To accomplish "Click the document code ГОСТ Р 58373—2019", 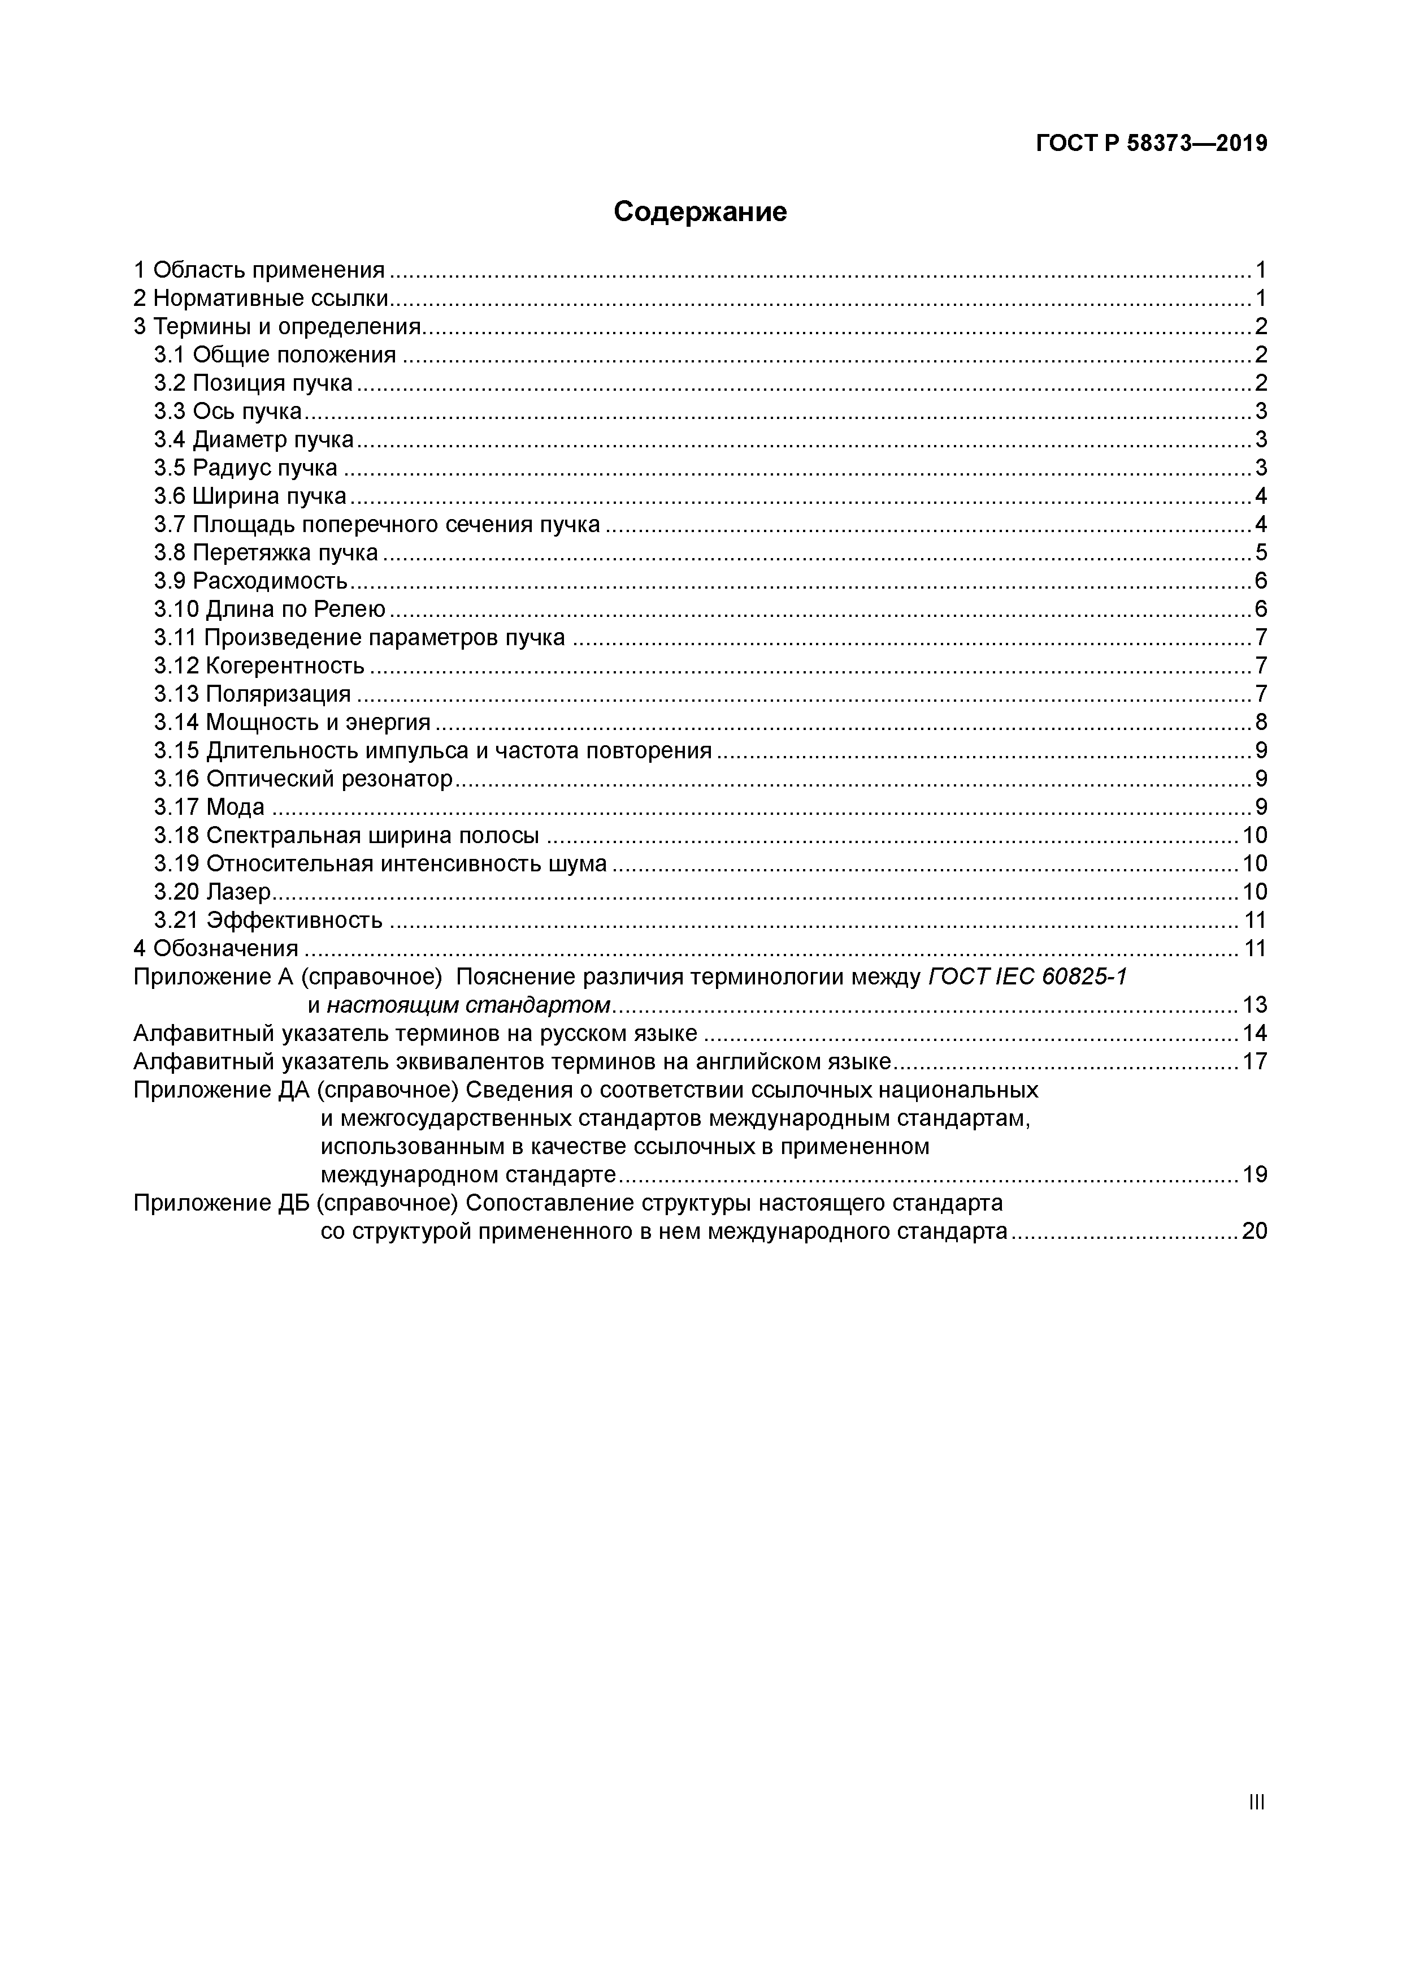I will [x=1151, y=144].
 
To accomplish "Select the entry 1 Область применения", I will [x=259, y=270].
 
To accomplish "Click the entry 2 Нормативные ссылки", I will [x=261, y=299].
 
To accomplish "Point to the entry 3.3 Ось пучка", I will [x=228, y=411].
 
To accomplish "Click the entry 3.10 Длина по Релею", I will [x=270, y=610].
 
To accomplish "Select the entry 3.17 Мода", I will [x=210, y=807].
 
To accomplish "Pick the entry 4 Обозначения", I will [x=216, y=948].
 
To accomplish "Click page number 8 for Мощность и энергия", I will [x=1260, y=722].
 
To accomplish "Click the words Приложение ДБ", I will [x=220, y=1203].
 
